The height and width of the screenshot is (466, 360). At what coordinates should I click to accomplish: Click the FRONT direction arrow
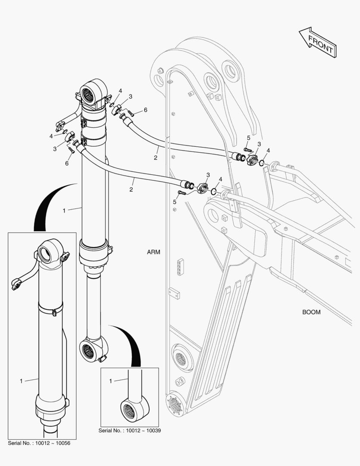pyautogui.click(x=318, y=42)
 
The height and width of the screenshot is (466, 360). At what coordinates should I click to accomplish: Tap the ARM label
pyautogui.click(x=153, y=252)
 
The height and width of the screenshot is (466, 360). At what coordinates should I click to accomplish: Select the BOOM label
pyautogui.click(x=311, y=312)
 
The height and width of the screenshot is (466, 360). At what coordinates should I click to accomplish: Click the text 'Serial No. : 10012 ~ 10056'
pyautogui.click(x=39, y=443)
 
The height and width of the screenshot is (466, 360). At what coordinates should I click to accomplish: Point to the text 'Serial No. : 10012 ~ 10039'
pyautogui.click(x=129, y=430)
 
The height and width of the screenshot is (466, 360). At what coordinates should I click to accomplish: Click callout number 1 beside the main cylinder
pyautogui.click(x=64, y=211)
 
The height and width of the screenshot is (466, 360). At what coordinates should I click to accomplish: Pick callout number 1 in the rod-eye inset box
pyautogui.click(x=110, y=381)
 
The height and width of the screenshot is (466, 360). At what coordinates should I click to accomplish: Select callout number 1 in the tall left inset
pyautogui.click(x=21, y=381)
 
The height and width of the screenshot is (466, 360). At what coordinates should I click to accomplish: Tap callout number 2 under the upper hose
pyautogui.click(x=155, y=158)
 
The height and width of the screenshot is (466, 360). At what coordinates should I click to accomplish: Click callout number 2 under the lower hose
pyautogui.click(x=131, y=189)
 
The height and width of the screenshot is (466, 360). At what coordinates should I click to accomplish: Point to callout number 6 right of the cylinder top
pyautogui.click(x=145, y=110)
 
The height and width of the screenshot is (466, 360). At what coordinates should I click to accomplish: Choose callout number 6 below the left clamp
pyautogui.click(x=67, y=163)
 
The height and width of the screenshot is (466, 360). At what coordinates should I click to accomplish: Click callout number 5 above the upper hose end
pyautogui.click(x=249, y=138)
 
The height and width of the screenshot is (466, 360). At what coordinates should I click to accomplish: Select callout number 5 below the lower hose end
pyautogui.click(x=174, y=202)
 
